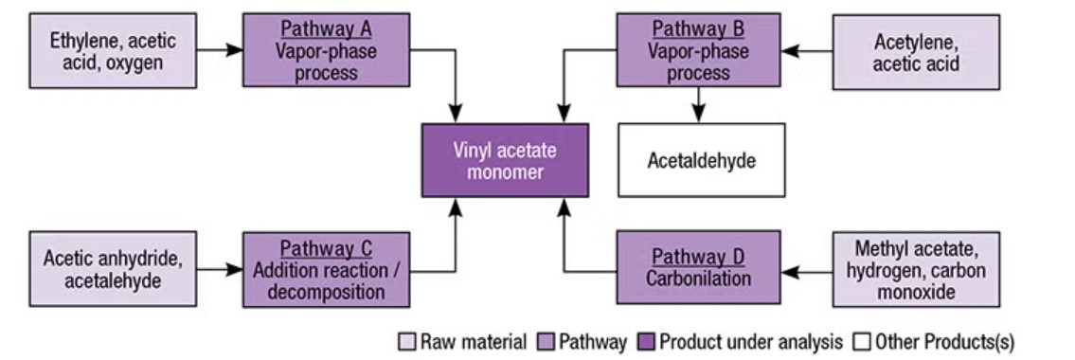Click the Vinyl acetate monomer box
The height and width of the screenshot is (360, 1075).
(x=505, y=160)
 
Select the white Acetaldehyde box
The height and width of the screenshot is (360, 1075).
(x=702, y=160)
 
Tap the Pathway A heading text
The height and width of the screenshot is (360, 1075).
(x=327, y=29)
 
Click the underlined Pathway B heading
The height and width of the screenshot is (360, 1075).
(x=698, y=29)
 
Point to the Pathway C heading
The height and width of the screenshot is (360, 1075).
(x=327, y=248)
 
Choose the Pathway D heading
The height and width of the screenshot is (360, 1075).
(x=698, y=257)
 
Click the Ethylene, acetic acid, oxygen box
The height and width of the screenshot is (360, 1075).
(x=113, y=51)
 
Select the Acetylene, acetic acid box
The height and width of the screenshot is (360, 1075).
(x=916, y=52)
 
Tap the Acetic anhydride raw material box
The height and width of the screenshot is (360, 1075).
(x=113, y=269)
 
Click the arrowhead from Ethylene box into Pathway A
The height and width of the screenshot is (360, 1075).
(x=235, y=50)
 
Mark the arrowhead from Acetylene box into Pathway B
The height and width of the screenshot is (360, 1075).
(x=791, y=51)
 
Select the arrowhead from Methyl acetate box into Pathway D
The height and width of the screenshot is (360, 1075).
(x=790, y=272)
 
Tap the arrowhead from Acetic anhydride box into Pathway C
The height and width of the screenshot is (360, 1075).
(x=235, y=269)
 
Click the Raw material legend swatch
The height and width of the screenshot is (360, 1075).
(x=407, y=341)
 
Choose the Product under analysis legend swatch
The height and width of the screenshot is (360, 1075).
(x=646, y=341)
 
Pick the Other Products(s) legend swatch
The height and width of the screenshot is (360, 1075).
(x=859, y=341)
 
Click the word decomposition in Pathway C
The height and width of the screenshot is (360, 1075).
(x=327, y=292)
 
